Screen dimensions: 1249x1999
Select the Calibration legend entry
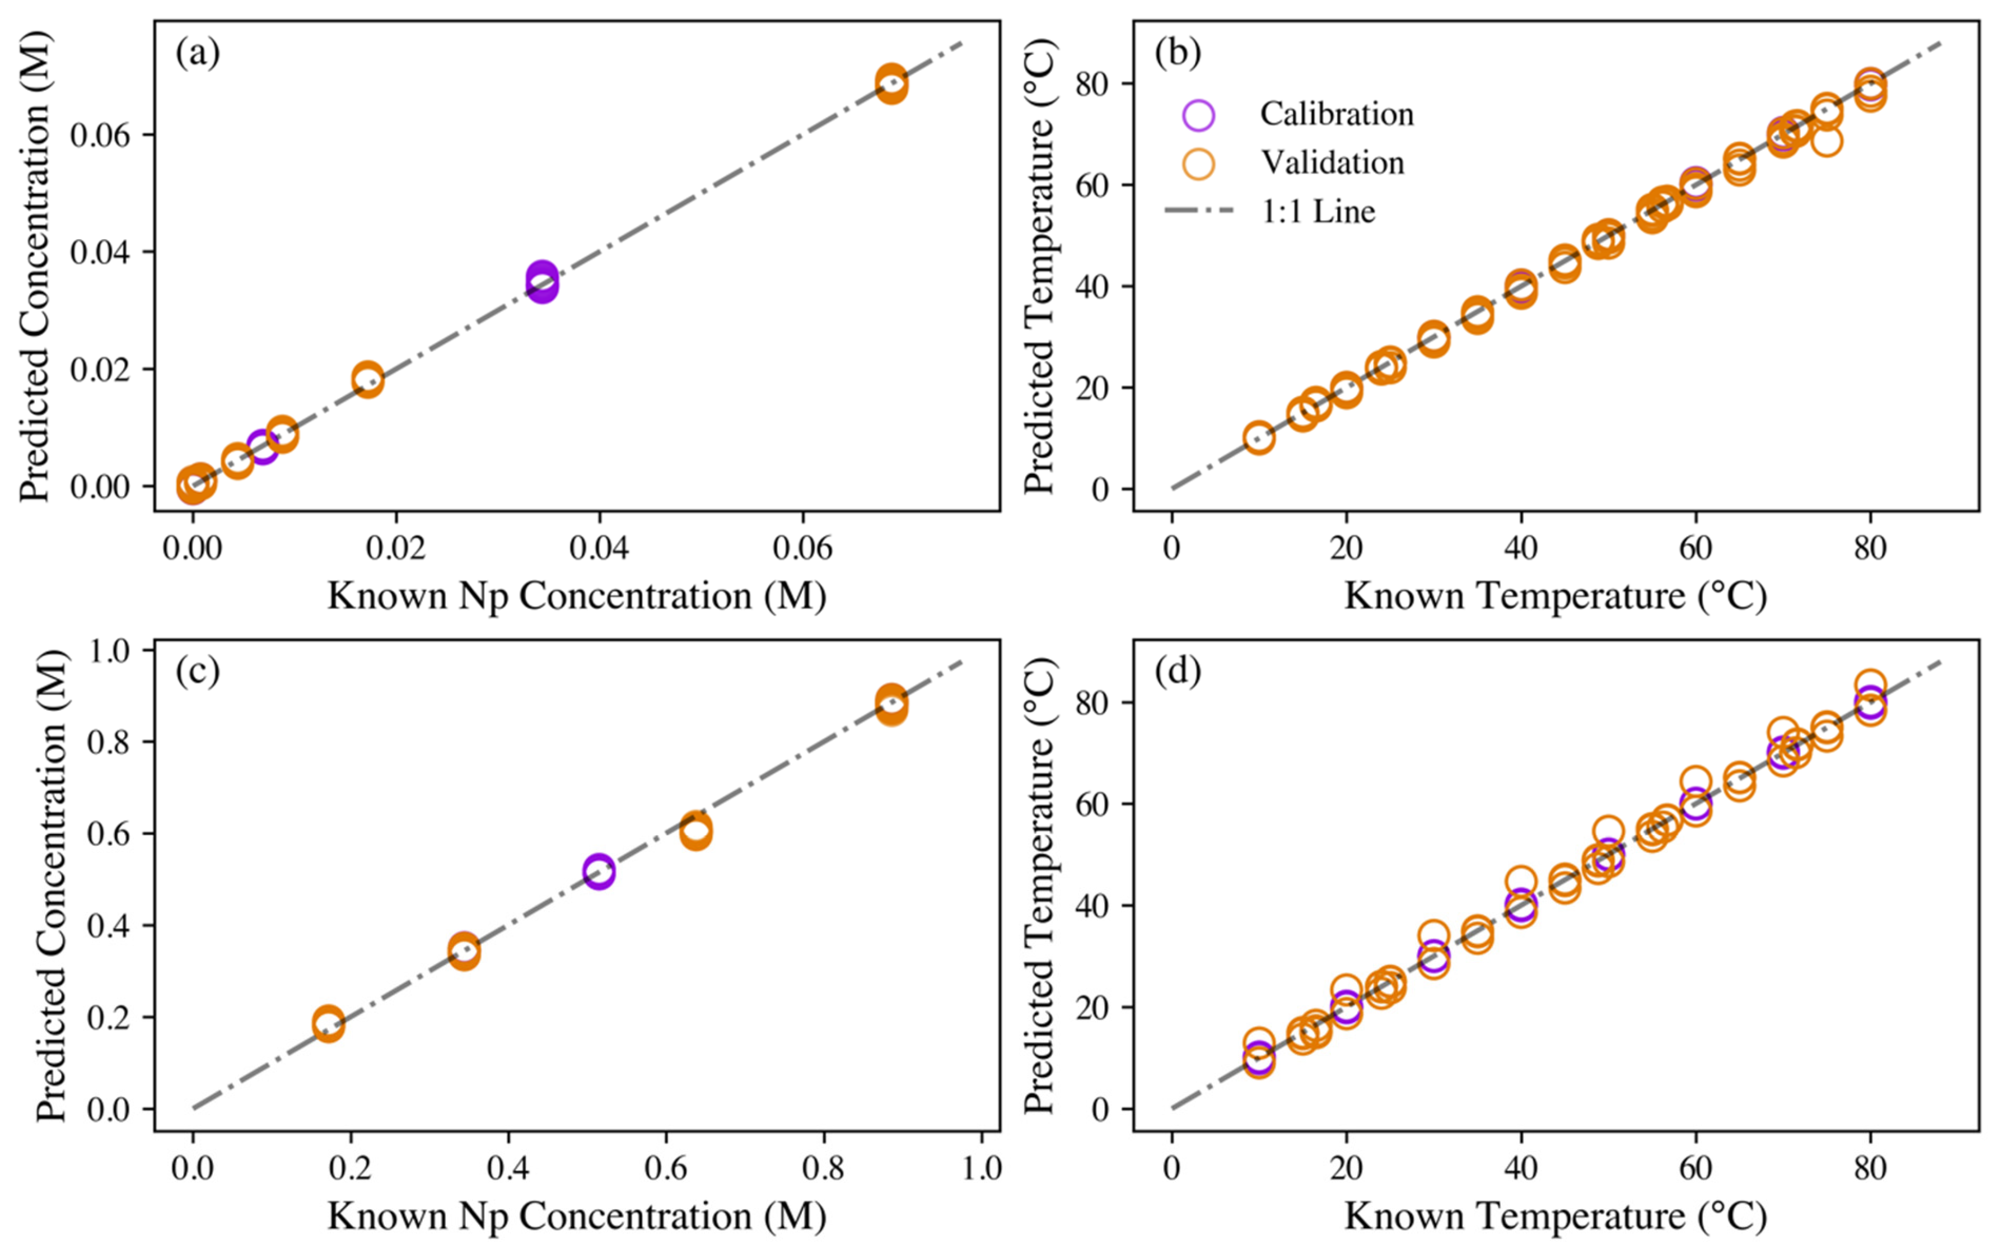(1336, 114)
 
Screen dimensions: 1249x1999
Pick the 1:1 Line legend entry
(1318, 212)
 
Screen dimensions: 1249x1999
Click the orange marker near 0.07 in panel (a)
(890, 84)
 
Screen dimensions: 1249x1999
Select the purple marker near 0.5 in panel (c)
(598, 871)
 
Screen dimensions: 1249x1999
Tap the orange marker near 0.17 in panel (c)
(328, 1023)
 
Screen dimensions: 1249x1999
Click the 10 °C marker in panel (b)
(1258, 438)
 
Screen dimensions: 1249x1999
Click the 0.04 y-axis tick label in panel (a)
(100, 252)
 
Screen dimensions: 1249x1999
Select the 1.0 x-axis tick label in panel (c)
(981, 1167)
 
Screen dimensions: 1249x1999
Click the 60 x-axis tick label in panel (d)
(1695, 1167)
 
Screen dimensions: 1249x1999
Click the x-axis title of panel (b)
(1556, 595)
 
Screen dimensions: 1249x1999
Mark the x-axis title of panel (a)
(576, 595)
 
